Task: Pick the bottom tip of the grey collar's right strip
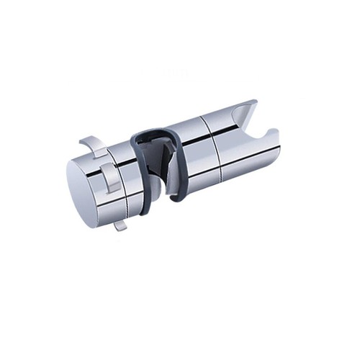[176, 196]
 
